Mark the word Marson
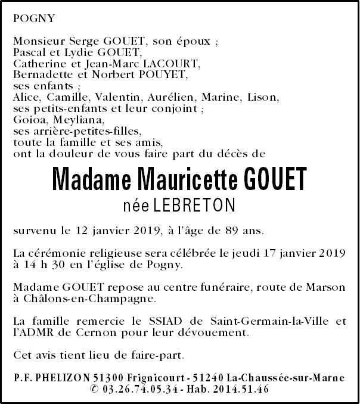click(325, 287)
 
